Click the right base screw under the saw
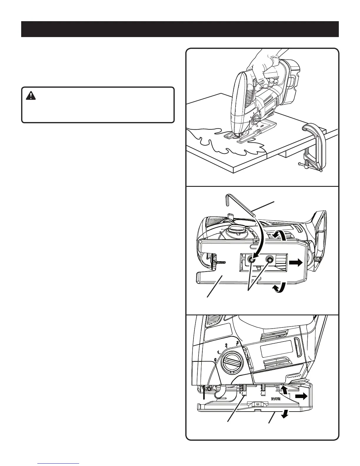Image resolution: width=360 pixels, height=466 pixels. pos(269,259)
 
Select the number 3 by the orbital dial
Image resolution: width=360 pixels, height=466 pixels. pos(237,342)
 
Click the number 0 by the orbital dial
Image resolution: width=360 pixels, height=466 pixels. pos(216,360)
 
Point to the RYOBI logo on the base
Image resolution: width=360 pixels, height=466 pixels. pos(276,399)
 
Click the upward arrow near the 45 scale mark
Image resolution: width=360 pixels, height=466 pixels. pos(284,390)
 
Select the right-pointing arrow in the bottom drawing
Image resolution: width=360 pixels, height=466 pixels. pos(301,397)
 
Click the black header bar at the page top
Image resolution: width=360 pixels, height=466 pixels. pos(180,29)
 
